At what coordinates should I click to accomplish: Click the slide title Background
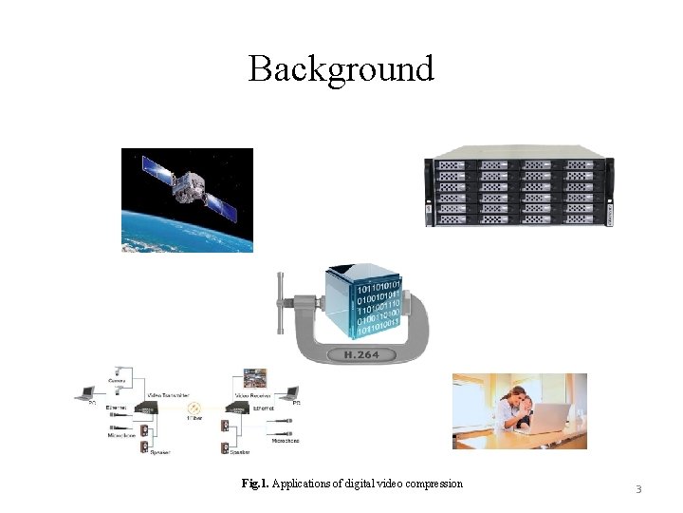click(341, 69)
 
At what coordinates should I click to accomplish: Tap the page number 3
click(638, 489)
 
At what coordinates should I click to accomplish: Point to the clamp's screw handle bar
click(282, 302)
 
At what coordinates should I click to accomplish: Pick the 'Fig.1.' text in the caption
click(255, 484)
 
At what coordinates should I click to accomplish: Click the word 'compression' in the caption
click(433, 484)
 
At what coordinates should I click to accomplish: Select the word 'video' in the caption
click(386, 484)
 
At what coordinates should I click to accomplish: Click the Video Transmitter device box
click(146, 407)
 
